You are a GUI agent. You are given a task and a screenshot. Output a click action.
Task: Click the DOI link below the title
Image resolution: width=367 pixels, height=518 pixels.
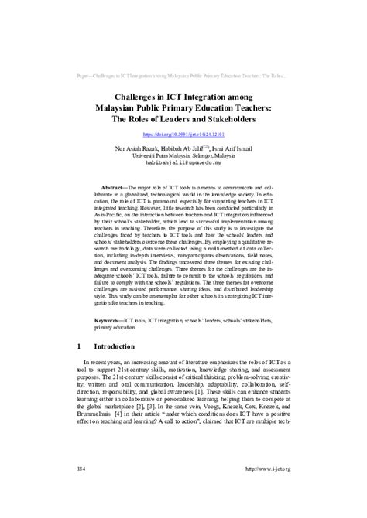[183, 135]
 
